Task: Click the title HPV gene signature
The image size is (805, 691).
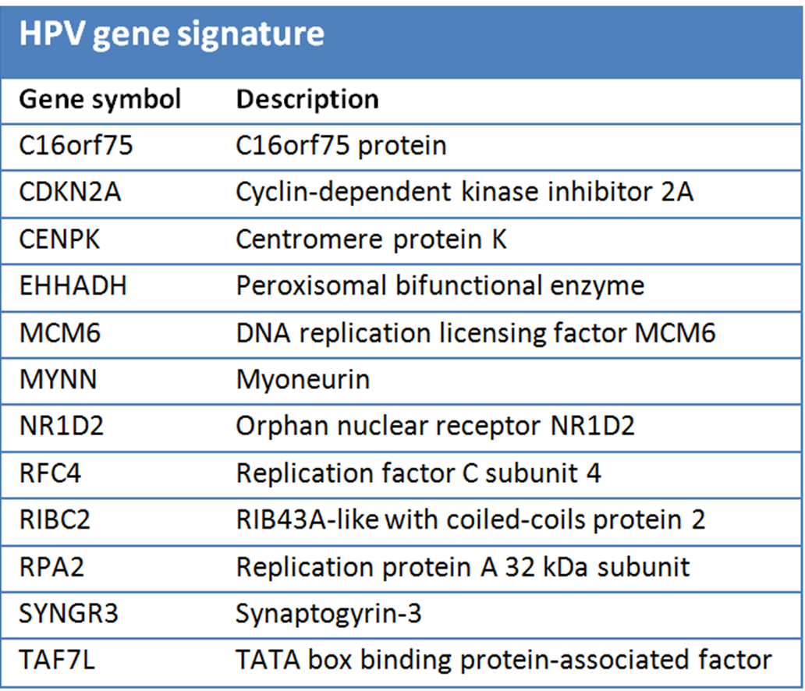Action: pos(172,35)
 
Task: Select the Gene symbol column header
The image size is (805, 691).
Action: pos(100,100)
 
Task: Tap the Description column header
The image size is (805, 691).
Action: pos(307,100)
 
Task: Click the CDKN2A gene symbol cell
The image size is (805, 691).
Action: pos(70,192)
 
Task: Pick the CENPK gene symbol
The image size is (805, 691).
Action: pos(59,239)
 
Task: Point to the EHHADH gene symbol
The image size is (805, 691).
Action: pos(73,285)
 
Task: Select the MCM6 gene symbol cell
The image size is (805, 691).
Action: pos(59,333)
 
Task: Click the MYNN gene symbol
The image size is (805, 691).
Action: pos(58,379)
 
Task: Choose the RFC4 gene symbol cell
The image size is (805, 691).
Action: pos(50,473)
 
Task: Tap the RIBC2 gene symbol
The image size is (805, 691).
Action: pos(55,519)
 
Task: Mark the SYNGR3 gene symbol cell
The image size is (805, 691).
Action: pos(69,613)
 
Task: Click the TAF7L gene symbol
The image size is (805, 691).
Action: pos(56,660)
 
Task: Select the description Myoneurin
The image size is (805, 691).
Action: pos(303,381)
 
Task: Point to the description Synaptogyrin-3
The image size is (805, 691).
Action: pos(328,614)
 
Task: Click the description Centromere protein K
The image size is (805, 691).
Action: pos(371,239)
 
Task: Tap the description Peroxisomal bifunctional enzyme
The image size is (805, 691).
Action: pos(440,286)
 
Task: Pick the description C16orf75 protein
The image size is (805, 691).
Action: pos(341,146)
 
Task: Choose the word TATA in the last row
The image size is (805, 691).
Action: pos(268,660)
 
